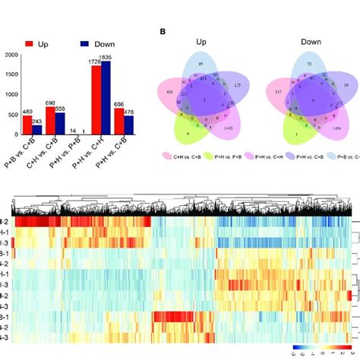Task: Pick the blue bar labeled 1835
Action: [x=106, y=98]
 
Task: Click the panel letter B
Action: [x=162, y=32]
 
